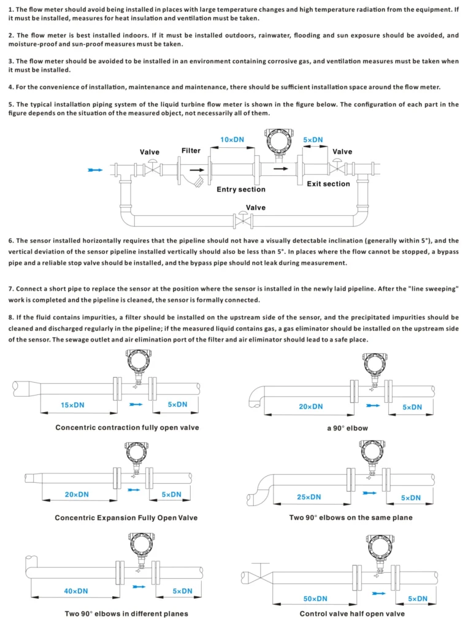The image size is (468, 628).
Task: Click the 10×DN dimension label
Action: click(232, 140)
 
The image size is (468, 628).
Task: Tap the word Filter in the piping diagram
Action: click(191, 151)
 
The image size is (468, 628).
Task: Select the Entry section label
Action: click(241, 190)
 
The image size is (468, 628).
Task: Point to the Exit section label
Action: click(328, 184)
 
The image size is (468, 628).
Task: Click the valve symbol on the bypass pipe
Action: click(244, 219)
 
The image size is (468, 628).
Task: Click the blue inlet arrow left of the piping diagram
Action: click(95, 170)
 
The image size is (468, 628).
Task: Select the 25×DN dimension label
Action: click(309, 497)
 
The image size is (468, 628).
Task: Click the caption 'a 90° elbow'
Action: click(347, 428)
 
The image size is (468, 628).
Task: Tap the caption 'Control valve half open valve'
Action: click(352, 614)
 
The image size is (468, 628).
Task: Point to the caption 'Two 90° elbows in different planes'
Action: click(126, 614)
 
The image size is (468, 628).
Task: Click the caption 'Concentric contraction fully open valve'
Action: click(127, 427)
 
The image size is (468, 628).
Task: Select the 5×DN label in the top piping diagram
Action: click(313, 140)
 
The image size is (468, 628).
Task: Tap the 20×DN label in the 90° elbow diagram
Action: click(310, 407)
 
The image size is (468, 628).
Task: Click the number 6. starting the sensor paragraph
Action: click(11, 241)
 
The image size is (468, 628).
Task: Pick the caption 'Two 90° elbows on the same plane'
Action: click(351, 518)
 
